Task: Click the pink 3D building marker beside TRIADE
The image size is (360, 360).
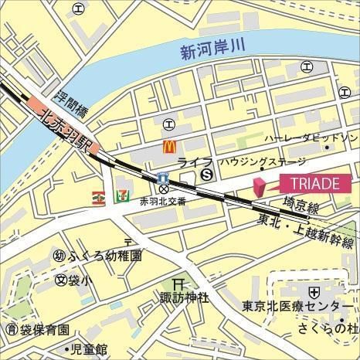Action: (x=259, y=185)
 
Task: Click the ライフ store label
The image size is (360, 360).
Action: (x=189, y=161)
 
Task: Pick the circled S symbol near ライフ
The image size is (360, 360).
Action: (x=206, y=175)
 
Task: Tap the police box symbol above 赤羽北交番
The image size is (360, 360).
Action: (x=164, y=188)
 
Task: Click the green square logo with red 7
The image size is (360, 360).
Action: (x=121, y=196)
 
